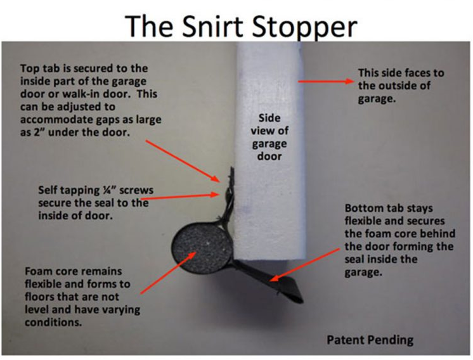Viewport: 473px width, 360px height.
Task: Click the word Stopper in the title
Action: click(x=304, y=28)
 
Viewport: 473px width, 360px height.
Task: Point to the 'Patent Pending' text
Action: click(x=370, y=340)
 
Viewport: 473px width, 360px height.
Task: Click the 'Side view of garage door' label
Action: click(x=269, y=137)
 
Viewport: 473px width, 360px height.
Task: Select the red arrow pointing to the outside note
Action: click(x=326, y=81)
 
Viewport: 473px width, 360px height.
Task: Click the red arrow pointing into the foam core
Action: click(x=169, y=273)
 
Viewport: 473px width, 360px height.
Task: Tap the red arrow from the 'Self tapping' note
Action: click(x=180, y=196)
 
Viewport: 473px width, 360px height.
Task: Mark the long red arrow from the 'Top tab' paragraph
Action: click(x=183, y=161)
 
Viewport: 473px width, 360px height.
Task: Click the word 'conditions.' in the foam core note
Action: click(x=53, y=323)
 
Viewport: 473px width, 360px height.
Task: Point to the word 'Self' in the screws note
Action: click(x=47, y=190)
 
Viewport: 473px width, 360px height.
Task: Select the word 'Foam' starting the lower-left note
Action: click(x=37, y=271)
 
